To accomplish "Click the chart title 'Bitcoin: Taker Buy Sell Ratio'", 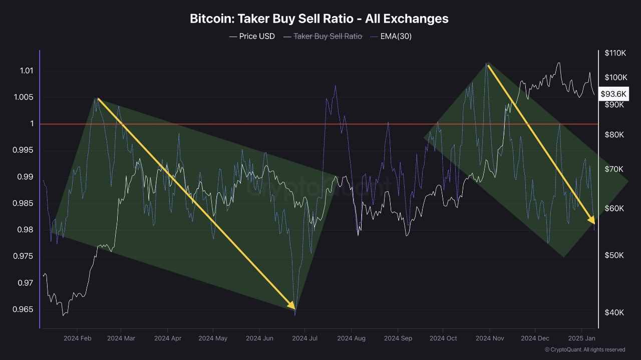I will tap(319, 19).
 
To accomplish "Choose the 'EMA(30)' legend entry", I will tap(396, 36).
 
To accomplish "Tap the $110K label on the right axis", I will tap(616, 53).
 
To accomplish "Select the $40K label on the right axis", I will tap(614, 312).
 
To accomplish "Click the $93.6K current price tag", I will tap(614, 94).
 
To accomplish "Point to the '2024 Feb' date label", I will tap(78, 338).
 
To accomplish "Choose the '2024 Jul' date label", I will tap(305, 338).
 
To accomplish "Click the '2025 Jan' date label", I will tap(581, 338).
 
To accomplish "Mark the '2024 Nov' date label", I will tap(489, 338).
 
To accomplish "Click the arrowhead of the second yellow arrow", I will tap(592, 220).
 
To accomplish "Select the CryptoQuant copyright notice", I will tap(585, 349).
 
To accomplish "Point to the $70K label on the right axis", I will tap(614, 169).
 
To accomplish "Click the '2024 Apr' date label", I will tap(168, 338).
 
